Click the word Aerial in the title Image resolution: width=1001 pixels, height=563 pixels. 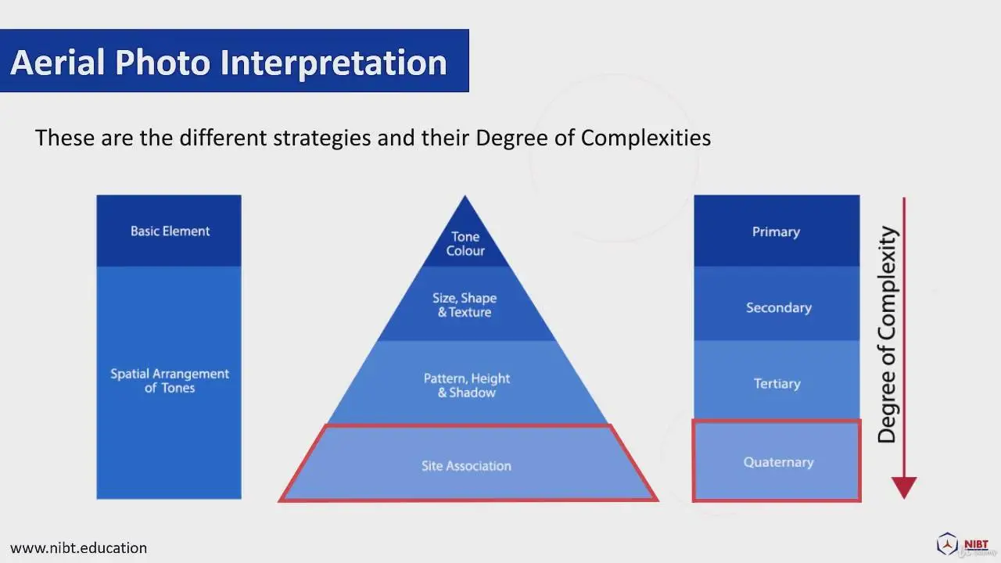tap(58, 63)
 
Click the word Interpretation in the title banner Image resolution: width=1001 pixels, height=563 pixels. tap(334, 63)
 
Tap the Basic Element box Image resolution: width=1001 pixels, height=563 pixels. tap(169, 231)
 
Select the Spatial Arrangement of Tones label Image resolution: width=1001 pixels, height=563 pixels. tap(170, 381)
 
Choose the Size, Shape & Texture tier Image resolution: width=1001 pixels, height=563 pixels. tap(465, 305)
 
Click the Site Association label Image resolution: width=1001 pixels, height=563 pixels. tap(466, 466)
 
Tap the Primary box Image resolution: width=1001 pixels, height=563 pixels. tap(777, 231)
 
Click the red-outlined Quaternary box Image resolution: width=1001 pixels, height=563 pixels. tap(777, 461)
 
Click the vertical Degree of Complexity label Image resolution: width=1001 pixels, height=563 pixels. tap(888, 334)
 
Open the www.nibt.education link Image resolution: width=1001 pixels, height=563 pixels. tap(79, 548)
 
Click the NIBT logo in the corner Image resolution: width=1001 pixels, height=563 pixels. tap(965, 544)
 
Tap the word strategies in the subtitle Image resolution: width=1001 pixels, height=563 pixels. tap(321, 138)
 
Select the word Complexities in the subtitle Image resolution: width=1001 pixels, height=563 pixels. tap(646, 138)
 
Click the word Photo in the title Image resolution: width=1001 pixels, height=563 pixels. tap(163, 63)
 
